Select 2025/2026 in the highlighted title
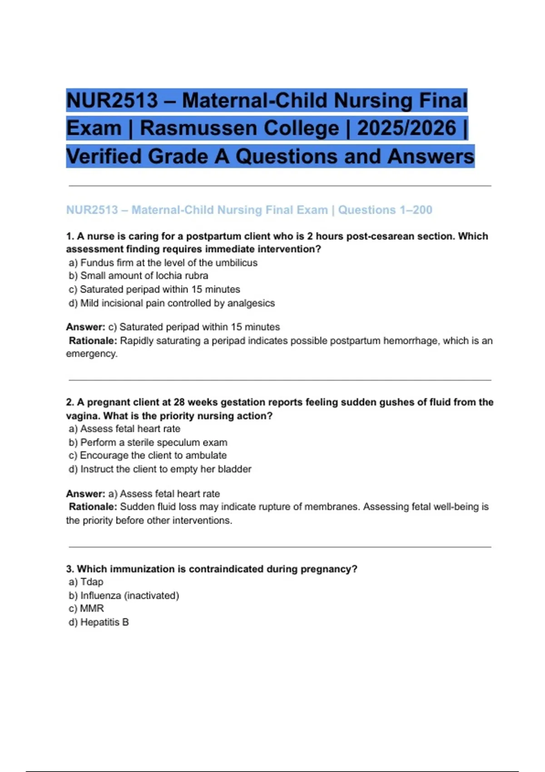(406, 129)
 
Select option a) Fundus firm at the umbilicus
(163, 263)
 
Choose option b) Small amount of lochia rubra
(139, 276)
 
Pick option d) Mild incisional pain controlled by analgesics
(172, 303)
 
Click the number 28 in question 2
(179, 402)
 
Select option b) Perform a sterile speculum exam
(149, 442)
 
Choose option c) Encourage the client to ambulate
(148, 455)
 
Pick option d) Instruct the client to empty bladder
(160, 469)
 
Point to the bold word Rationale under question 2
(93, 507)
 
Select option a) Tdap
(86, 582)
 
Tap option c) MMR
(87, 609)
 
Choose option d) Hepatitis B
(99, 622)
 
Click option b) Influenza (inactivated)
(124, 595)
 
